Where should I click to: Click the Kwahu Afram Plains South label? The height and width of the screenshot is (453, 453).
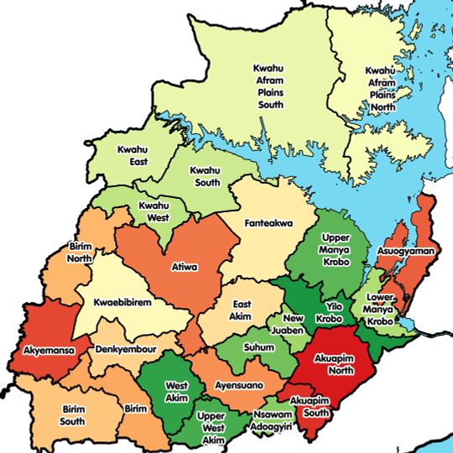click(271, 86)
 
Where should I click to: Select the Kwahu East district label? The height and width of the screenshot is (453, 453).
click(133, 155)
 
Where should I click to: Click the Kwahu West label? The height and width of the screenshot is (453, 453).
click(154, 211)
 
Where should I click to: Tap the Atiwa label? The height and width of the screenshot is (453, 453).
click(184, 268)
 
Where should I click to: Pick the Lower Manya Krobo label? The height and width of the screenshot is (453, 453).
click(380, 309)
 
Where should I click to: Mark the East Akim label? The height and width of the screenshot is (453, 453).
click(242, 310)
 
